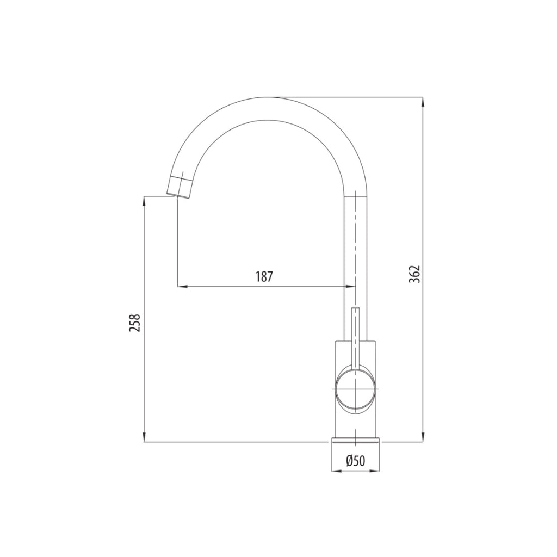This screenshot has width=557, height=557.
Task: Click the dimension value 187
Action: coord(263,276)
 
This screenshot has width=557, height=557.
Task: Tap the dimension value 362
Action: coord(414,274)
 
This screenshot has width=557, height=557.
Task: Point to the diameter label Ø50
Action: coord(355,461)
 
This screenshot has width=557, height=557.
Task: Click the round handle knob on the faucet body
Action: coord(355,391)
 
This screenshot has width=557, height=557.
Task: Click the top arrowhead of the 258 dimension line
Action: coord(144,200)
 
